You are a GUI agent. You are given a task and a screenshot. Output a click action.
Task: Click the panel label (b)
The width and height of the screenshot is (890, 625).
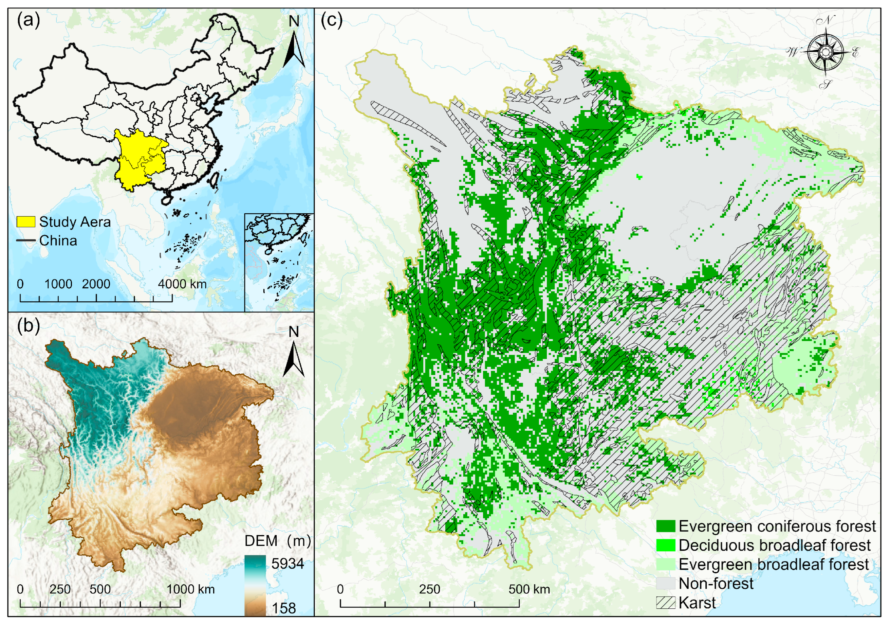click(x=28, y=326)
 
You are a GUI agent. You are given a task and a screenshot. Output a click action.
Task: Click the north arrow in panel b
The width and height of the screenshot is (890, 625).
click(x=294, y=357)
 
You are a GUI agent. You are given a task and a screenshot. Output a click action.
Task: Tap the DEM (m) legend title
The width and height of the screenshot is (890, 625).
click(x=277, y=541)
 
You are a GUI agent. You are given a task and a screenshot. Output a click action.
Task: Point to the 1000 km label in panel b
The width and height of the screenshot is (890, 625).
click(x=190, y=589)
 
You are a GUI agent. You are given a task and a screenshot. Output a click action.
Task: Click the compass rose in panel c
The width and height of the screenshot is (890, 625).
click(x=826, y=52)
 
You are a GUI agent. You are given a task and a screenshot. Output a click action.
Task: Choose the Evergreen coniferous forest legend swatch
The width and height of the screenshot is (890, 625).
click(x=666, y=526)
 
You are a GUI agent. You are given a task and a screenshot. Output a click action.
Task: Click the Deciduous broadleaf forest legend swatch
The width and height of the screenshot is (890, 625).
click(x=666, y=545)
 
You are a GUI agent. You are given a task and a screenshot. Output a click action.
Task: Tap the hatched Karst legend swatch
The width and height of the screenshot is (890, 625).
click(x=666, y=603)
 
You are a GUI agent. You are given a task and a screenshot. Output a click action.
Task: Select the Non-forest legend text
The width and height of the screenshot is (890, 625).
click(x=716, y=584)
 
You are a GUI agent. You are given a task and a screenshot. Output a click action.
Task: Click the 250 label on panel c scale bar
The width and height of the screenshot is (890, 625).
click(x=429, y=589)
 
